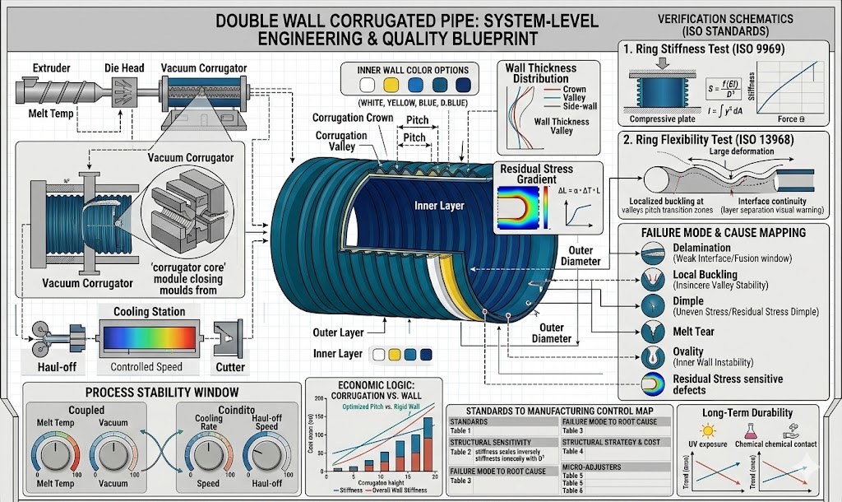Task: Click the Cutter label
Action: click(230, 366)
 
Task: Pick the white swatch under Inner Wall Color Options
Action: click(368, 85)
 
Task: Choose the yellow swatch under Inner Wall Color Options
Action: click(391, 85)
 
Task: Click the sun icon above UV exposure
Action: click(706, 430)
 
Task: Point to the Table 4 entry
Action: click(573, 451)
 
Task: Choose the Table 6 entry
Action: click(573, 490)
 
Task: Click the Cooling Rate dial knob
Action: click(210, 453)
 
